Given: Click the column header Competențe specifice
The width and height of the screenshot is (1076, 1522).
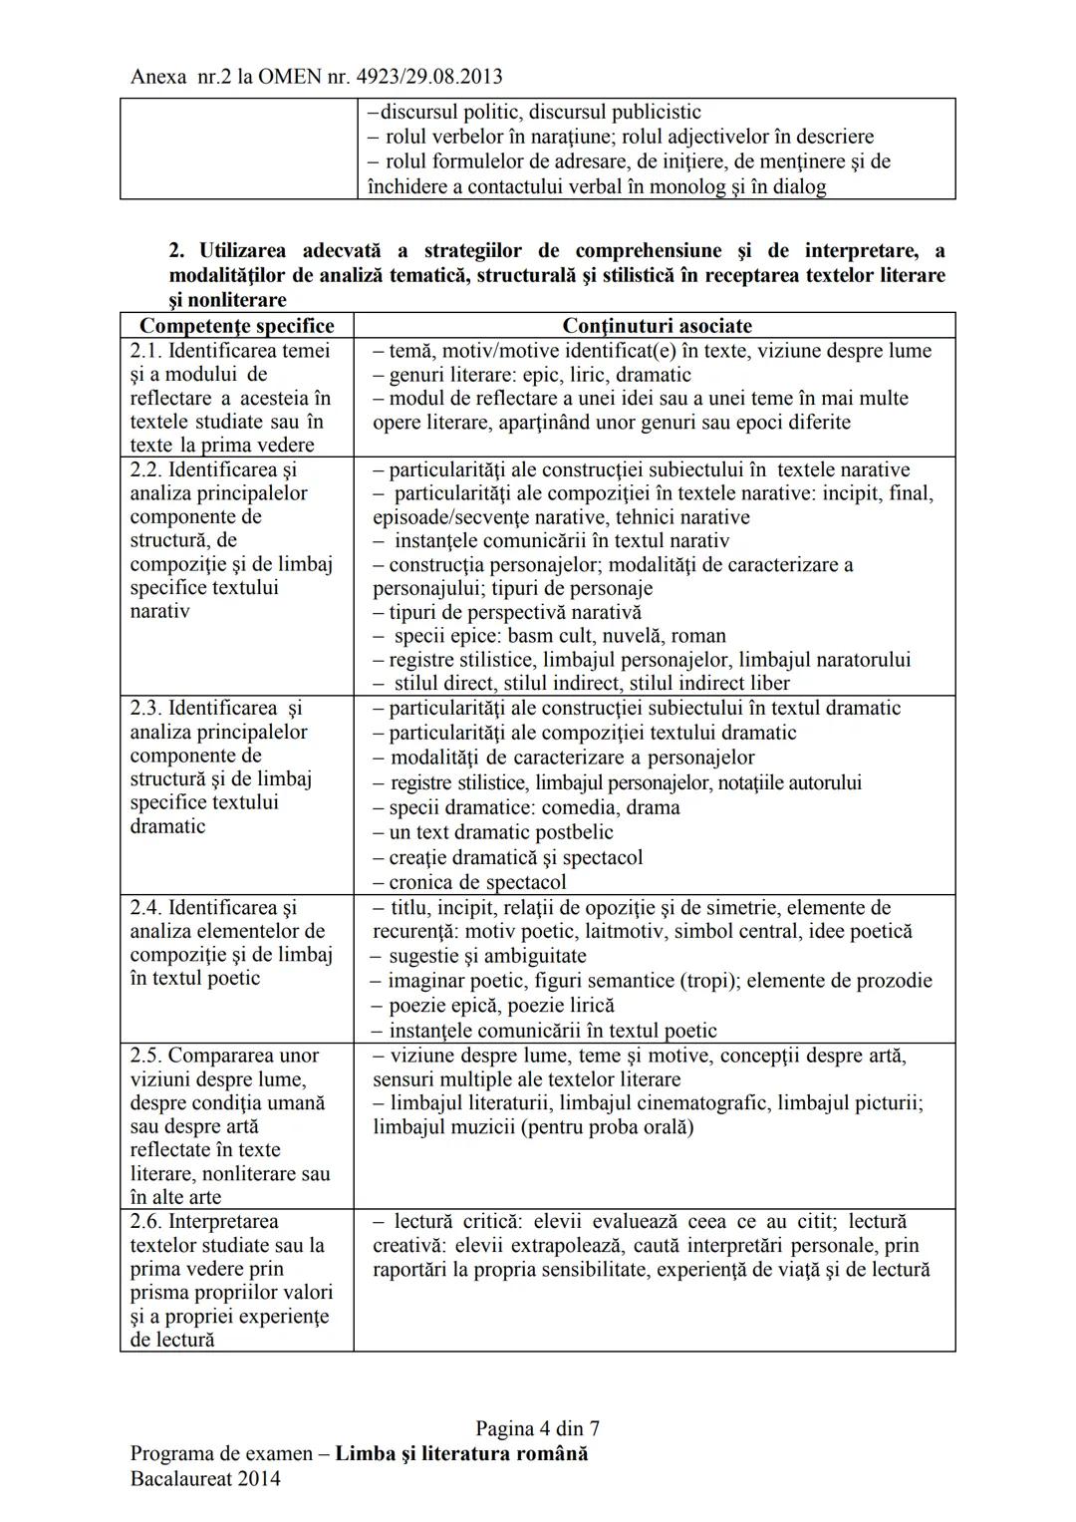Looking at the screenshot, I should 236,326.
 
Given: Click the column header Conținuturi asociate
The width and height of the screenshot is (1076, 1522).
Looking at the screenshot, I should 657,326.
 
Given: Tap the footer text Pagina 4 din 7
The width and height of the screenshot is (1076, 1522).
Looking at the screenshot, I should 537,1429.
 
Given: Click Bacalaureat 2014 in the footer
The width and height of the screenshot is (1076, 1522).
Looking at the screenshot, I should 205,1478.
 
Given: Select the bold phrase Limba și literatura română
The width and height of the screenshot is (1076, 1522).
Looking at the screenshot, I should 461,1453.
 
